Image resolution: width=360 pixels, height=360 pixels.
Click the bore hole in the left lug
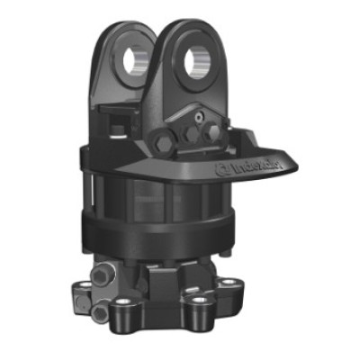[x=131, y=59]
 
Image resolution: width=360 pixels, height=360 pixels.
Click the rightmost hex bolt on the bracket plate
[x=212, y=132]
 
